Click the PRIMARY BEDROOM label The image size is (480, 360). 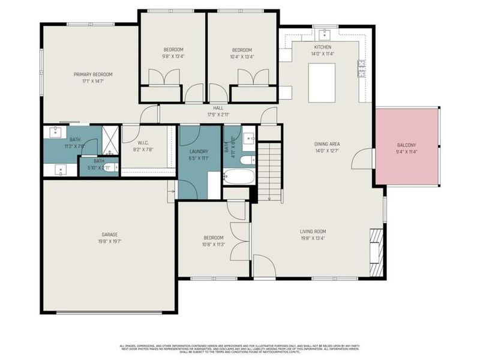point(93,74)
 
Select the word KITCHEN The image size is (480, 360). point(322,47)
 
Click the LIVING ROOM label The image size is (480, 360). point(313,231)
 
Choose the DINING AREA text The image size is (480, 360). point(327,144)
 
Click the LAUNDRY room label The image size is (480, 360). point(199,151)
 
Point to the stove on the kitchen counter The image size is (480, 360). point(362,70)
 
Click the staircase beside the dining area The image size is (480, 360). point(270,171)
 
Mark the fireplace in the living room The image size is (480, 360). point(376,250)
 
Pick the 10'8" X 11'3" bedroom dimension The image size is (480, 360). point(213,244)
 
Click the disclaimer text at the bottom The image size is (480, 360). point(240,349)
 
